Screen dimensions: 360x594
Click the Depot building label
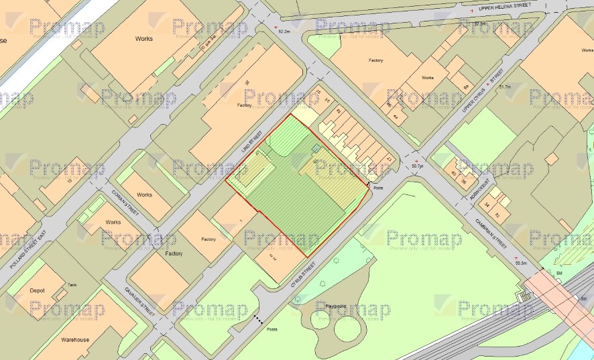coord(37,290)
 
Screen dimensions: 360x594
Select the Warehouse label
coord(75,340)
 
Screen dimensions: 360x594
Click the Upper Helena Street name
coord(503,7)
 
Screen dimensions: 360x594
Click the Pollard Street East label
coord(35,234)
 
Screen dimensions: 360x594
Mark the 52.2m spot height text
coord(284,32)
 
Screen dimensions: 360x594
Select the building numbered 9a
coord(463,87)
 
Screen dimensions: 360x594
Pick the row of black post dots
coord(258,320)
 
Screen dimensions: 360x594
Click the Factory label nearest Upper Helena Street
coord(375,60)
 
